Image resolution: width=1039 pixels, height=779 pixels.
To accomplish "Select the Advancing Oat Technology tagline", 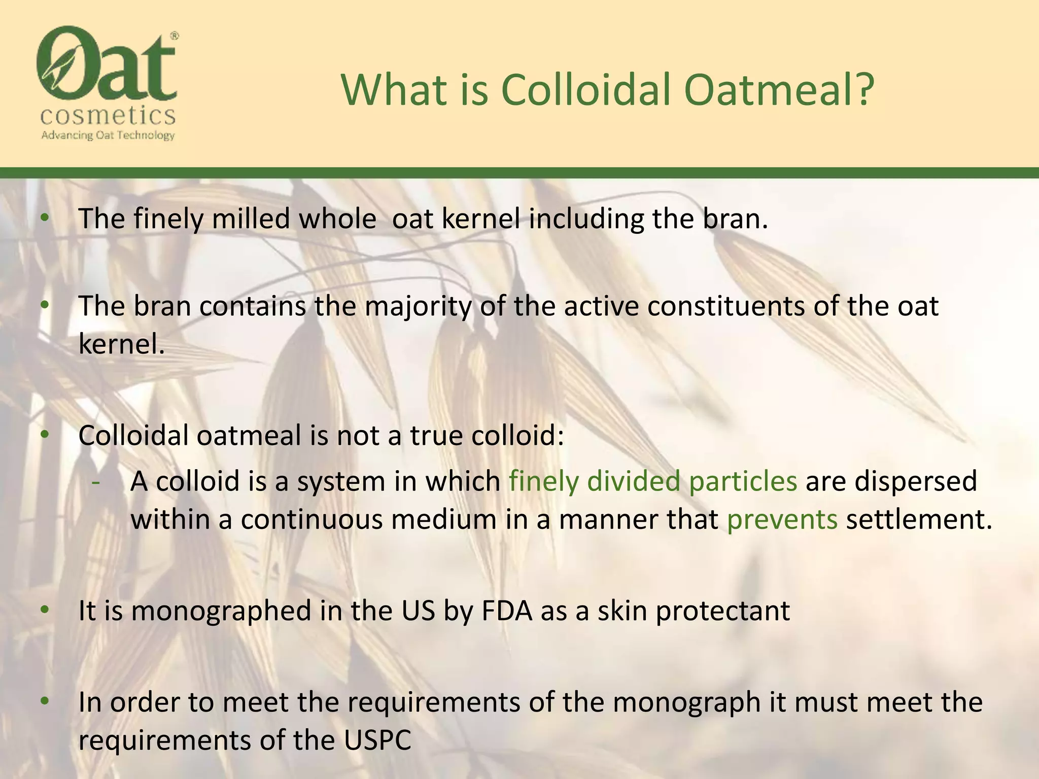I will click(108, 135).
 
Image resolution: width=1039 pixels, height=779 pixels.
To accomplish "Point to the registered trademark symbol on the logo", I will click(174, 36).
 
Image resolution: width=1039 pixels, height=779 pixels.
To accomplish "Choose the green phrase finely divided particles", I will click(653, 481).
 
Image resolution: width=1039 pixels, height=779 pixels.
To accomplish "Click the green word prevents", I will click(782, 519).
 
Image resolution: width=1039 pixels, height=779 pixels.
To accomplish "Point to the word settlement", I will click(919, 519).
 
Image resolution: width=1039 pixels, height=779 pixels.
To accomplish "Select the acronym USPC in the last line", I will click(377, 740).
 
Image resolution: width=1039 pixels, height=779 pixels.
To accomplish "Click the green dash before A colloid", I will click(95, 482).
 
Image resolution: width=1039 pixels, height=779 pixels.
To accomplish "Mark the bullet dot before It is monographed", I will click(45, 610).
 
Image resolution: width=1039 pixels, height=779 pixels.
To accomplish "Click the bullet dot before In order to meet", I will click(45, 701).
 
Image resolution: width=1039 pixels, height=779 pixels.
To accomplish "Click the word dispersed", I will click(916, 481).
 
